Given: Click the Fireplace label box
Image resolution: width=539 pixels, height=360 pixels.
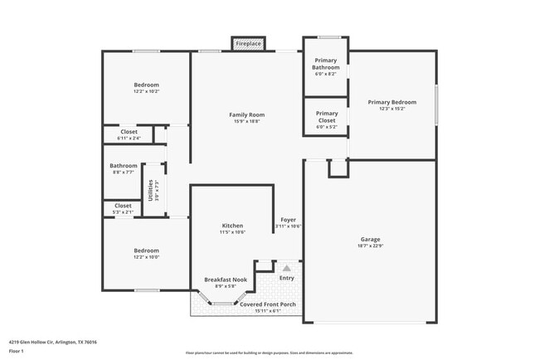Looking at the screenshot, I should (x=247, y=43).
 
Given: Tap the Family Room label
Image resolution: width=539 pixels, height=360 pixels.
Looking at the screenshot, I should (x=246, y=114).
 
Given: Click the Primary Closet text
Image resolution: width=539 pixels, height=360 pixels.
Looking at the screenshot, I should (x=327, y=116).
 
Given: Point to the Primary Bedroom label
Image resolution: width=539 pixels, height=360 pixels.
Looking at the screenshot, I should (x=392, y=102).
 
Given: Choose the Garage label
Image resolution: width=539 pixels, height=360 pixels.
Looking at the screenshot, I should (x=370, y=239).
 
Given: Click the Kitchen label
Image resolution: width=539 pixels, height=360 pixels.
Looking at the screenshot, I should (x=232, y=226).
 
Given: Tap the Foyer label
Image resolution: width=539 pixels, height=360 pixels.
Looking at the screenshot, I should (x=288, y=220).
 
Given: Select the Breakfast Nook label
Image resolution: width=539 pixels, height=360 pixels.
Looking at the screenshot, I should (x=226, y=280).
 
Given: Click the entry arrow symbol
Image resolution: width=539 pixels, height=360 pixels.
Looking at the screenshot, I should (x=287, y=268).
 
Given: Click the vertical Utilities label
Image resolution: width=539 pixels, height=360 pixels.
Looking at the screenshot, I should (x=150, y=190).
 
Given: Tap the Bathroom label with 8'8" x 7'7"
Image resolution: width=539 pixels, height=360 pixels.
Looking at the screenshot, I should (x=124, y=166).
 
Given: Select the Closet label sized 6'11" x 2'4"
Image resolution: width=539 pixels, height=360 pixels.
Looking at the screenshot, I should (x=129, y=131).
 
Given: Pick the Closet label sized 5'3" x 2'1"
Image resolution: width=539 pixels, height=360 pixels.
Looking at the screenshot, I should (x=123, y=206).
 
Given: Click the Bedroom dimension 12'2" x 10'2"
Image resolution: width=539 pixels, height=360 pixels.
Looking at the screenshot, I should (x=147, y=91).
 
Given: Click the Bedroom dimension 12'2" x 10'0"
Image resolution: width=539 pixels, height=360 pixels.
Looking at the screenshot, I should (x=147, y=256).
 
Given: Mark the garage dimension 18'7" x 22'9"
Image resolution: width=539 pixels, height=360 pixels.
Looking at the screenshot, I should (x=370, y=246).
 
